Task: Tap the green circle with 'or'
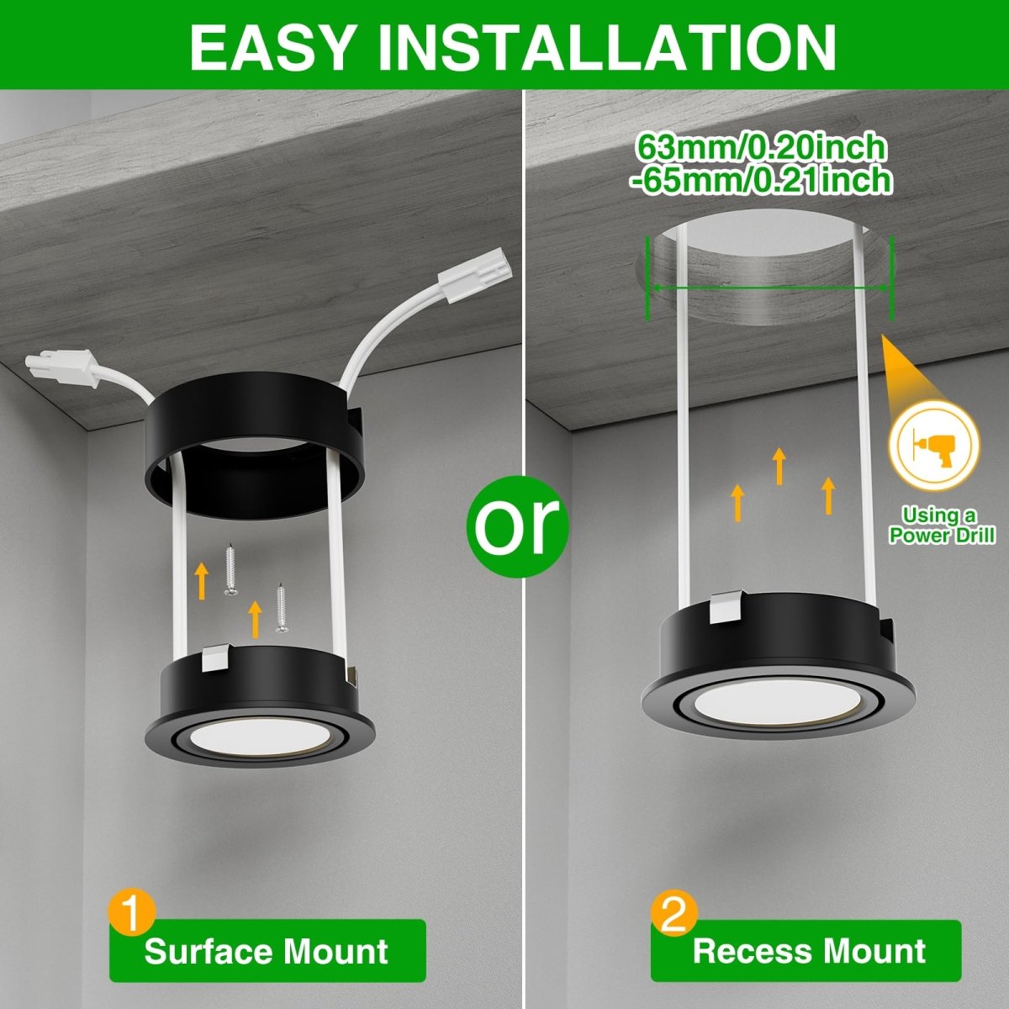[517, 526]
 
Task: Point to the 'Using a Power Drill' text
[941, 526]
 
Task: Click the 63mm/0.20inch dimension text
[761, 148]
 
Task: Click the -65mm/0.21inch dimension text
[761, 180]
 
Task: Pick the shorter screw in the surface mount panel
[282, 607]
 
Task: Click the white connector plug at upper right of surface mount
[475, 278]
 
